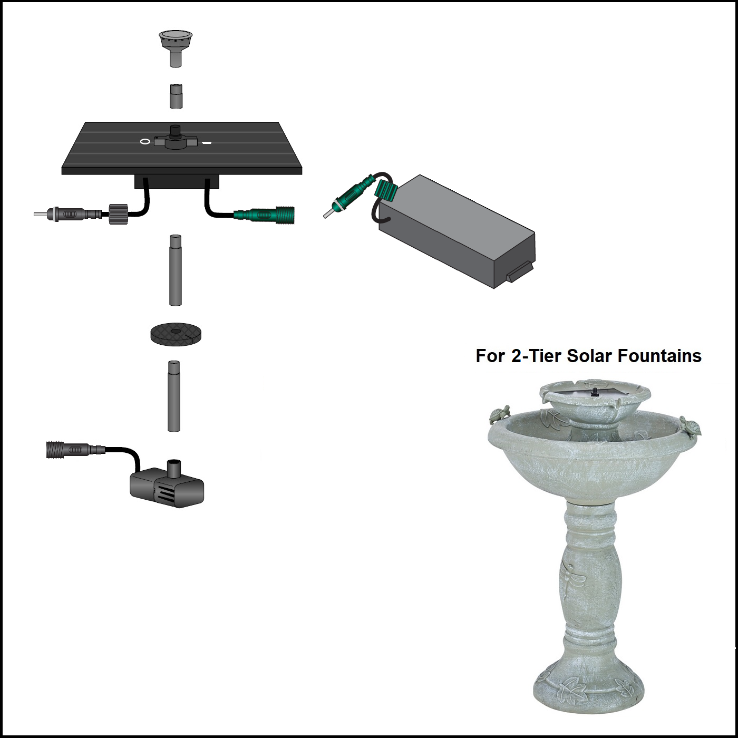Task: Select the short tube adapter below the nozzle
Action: [x=176, y=96]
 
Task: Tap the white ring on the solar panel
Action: [x=145, y=141]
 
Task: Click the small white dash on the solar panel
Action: [x=207, y=142]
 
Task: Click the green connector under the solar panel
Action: [x=264, y=215]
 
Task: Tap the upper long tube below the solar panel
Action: [x=175, y=270]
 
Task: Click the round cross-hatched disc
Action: [x=176, y=334]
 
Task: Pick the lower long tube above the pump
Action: [x=174, y=396]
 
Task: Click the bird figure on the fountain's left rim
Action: [x=499, y=414]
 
